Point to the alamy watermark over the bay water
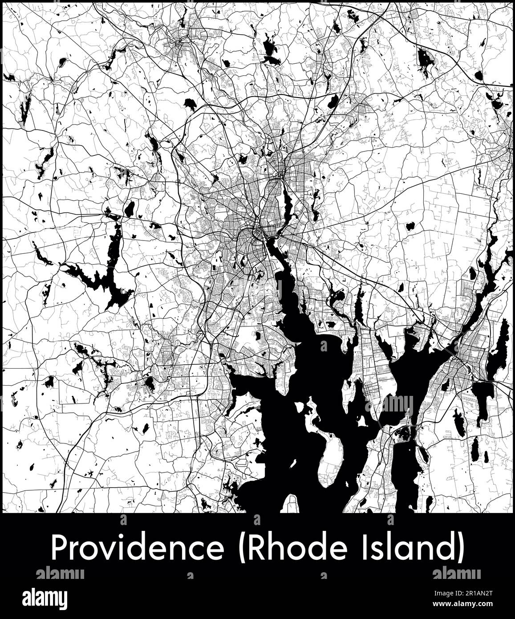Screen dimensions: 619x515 (x=389, y=404)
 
